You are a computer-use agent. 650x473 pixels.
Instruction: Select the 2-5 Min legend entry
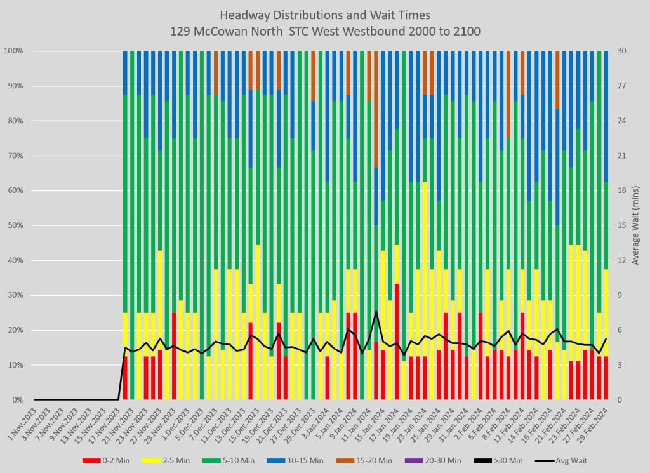tap(161, 460)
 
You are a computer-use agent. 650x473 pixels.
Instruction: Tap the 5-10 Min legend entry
tap(219, 460)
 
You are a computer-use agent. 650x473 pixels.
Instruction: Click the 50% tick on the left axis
tap(15, 225)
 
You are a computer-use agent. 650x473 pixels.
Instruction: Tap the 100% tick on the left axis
tap(13, 51)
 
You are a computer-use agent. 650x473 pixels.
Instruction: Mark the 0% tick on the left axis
tap(17, 400)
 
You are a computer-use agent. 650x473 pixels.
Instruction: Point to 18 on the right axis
tap(621, 190)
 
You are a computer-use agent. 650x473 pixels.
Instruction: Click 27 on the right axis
tap(621, 86)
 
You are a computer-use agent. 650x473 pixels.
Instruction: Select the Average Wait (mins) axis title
tap(637, 225)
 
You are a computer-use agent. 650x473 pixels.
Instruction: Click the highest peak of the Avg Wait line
tap(376, 312)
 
